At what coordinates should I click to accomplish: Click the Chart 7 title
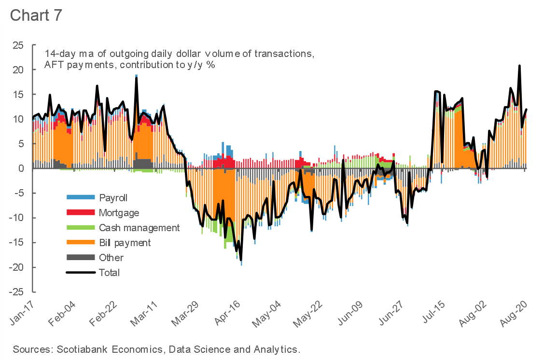(x=36, y=14)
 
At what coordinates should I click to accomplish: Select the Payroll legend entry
(x=113, y=197)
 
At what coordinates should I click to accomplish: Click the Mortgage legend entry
(x=119, y=212)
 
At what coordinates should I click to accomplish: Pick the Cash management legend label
(x=139, y=228)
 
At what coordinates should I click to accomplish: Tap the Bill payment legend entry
(x=125, y=243)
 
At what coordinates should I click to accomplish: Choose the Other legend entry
(x=111, y=258)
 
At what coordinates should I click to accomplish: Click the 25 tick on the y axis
(x=18, y=45)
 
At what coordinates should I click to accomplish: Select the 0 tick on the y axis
(x=21, y=169)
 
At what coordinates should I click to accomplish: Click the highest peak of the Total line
(x=519, y=66)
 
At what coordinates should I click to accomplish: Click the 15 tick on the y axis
(x=18, y=95)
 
